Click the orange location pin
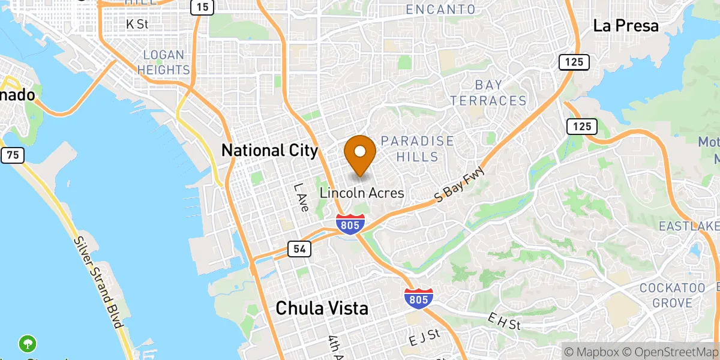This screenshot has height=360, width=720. click(x=361, y=154)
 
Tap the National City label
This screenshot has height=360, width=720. click(x=269, y=150)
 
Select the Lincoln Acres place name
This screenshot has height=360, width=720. click(x=362, y=193)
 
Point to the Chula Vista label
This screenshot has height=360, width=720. click(x=322, y=308)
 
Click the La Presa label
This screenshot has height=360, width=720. click(x=626, y=26)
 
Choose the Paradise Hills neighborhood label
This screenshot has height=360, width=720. click(x=418, y=149)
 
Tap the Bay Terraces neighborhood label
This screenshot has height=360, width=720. click(x=488, y=92)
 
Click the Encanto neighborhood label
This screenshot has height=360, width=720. click(x=440, y=10)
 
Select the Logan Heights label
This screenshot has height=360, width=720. click(x=164, y=62)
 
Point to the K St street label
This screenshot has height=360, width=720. click(x=137, y=25)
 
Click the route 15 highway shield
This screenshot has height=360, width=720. click(x=202, y=7)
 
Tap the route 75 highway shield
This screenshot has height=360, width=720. click(x=13, y=155)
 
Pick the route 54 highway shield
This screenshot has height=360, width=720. click(x=299, y=248)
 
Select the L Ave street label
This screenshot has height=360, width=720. click(x=301, y=197)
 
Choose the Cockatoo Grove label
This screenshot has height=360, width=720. click(x=672, y=295)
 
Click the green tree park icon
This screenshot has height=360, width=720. click(x=28, y=344)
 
